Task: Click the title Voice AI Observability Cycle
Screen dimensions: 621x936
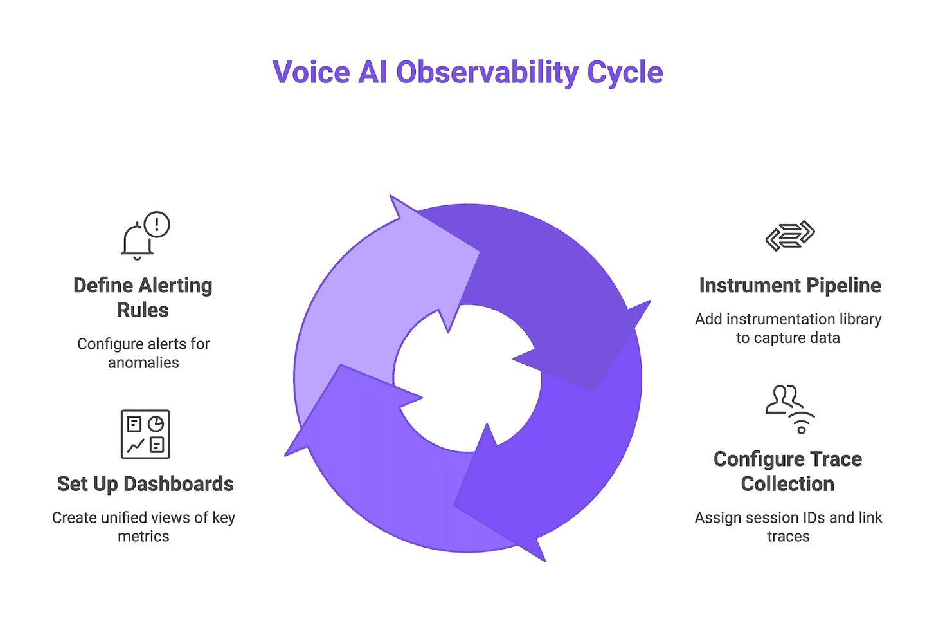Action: [467, 72]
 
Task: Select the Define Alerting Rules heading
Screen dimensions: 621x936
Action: [143, 297]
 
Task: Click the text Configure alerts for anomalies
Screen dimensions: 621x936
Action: [143, 353]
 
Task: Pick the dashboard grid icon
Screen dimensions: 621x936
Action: [145, 434]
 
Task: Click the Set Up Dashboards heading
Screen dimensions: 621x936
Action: [145, 483]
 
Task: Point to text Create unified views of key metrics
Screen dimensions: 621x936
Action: [143, 526]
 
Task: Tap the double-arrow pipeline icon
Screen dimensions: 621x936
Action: [789, 236]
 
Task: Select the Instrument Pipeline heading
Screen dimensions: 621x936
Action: [789, 285]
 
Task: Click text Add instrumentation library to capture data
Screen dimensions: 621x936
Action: [788, 328]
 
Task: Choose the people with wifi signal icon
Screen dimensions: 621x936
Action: [789, 409]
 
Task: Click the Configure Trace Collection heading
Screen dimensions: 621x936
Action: [788, 471]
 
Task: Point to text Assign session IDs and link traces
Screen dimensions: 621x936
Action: [788, 526]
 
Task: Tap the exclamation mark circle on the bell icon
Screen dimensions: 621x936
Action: [157, 225]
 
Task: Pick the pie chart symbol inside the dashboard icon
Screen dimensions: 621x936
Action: [156, 423]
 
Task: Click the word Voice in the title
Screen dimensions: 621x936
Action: [310, 72]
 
